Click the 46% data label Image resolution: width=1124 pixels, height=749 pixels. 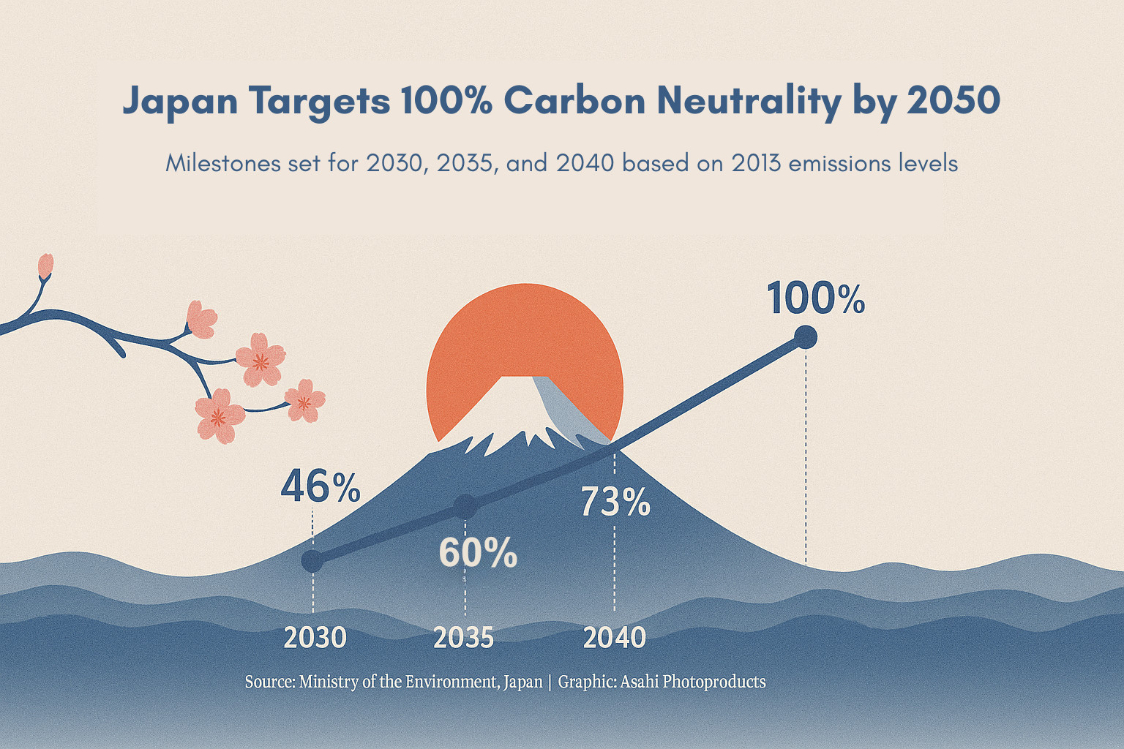[x=320, y=487]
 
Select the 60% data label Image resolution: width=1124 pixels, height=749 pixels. [x=478, y=553]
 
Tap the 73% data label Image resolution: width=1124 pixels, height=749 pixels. [x=615, y=503]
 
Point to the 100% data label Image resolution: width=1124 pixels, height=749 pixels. [x=816, y=299]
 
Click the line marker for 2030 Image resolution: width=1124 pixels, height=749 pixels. [x=312, y=561]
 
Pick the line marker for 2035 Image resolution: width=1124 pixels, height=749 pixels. [x=465, y=506]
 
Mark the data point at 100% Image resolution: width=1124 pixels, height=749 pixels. [x=805, y=337]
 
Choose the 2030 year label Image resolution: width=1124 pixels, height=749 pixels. [x=315, y=638]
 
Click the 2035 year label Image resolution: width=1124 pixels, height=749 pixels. [x=464, y=638]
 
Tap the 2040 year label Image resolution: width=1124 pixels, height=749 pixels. [x=615, y=638]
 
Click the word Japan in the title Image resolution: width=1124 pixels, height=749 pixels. [x=180, y=101]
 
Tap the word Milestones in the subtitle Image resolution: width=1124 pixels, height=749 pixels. [x=223, y=162]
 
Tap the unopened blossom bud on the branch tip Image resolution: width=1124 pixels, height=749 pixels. [x=45, y=266]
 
